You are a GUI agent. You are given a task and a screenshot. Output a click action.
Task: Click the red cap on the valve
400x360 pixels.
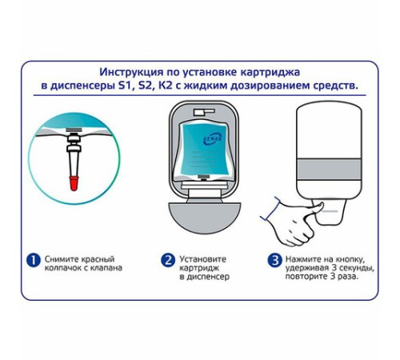(74, 183)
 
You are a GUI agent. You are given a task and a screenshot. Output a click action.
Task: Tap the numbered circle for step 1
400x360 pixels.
(34, 260)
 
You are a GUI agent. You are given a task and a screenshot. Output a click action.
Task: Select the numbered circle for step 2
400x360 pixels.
(168, 260)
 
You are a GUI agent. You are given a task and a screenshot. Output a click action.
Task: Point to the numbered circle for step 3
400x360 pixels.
(274, 260)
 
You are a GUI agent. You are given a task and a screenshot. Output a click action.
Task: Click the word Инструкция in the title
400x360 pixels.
(131, 72)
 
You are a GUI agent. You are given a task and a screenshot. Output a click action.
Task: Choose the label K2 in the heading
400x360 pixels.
(166, 86)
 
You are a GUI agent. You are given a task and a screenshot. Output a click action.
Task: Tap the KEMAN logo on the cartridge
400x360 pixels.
(213, 139)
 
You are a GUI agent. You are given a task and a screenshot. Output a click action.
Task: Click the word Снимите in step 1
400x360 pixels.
(62, 259)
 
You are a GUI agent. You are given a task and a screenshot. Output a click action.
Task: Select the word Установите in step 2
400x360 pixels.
(203, 259)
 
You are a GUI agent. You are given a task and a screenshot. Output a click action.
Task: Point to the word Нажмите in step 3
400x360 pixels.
(302, 259)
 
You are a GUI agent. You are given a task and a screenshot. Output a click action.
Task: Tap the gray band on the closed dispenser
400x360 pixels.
(330, 170)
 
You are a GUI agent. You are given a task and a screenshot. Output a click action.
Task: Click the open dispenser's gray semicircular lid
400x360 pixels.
(205, 217)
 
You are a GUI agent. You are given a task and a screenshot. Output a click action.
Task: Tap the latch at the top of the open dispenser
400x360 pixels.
(204, 112)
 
